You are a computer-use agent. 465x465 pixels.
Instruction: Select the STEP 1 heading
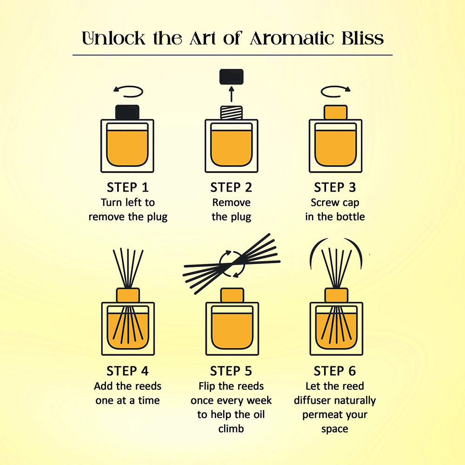coord(127,187)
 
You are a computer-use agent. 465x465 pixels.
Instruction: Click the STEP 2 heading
coord(231,187)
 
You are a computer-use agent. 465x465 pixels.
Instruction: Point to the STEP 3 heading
coord(335,187)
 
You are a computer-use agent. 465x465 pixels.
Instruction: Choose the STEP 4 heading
coord(127,371)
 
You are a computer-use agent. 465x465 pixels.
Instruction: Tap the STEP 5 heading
coord(231,371)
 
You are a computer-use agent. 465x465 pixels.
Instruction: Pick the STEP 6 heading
coord(335,371)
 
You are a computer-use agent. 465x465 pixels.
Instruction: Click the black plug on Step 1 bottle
coord(127,112)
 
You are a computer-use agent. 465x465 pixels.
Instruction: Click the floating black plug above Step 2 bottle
coord(231,77)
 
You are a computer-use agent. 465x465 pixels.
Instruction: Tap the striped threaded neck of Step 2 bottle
coord(231,113)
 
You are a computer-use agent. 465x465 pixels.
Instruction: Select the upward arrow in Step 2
coord(231,94)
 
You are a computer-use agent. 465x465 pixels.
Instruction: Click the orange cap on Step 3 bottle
coord(335,113)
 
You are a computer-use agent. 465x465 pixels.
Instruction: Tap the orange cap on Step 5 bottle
coord(232,295)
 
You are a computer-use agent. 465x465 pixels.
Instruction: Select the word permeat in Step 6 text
coord(320,415)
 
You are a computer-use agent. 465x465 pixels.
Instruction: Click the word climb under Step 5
coord(231,429)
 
